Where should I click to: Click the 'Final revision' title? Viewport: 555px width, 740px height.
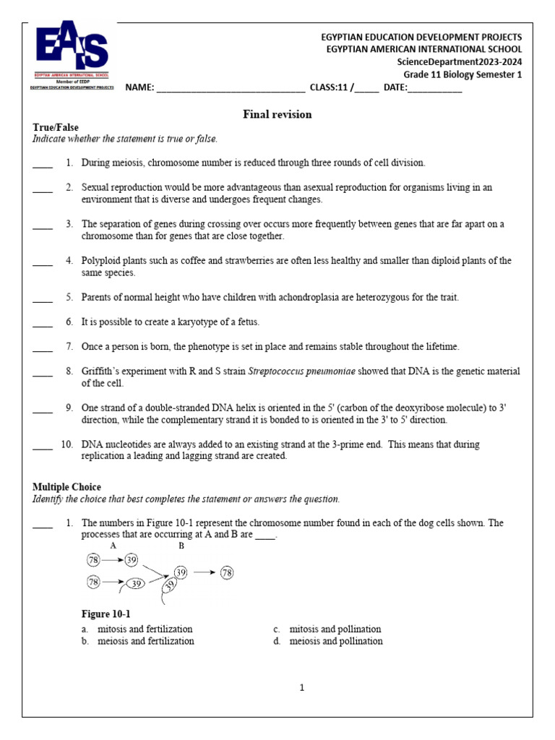[x=277, y=114]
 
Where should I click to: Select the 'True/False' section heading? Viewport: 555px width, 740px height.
[x=56, y=127]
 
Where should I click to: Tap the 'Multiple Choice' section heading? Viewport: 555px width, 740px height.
[x=66, y=487]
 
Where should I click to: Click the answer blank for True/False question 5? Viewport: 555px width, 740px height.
[x=43, y=298]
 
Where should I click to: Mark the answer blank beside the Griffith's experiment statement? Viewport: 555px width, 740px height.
[x=43, y=372]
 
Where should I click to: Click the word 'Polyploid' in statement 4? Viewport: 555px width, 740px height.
[x=101, y=260]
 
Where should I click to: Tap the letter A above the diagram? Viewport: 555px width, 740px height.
[x=113, y=546]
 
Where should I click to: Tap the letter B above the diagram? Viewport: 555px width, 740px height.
[x=181, y=546]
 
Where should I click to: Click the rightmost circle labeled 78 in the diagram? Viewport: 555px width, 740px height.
[x=226, y=572]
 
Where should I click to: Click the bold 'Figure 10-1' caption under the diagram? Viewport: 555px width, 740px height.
[x=106, y=614]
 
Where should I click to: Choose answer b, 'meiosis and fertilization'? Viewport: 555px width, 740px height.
[x=145, y=641]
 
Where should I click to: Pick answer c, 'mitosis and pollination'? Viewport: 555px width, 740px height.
[x=335, y=629]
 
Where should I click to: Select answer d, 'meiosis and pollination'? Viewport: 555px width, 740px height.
[x=335, y=641]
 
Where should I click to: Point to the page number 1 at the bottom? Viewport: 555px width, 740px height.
[x=302, y=687]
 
